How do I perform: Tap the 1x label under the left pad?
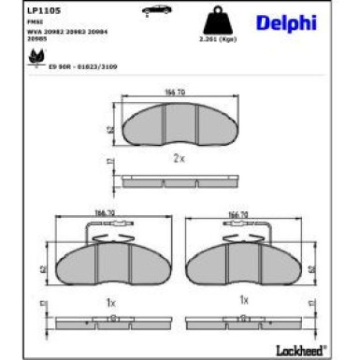tap(108, 302)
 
